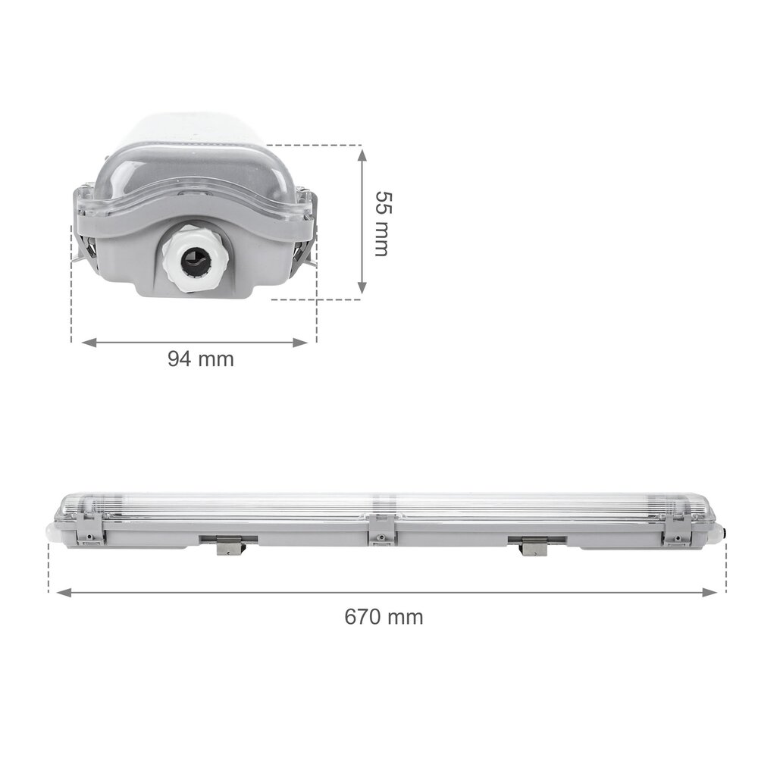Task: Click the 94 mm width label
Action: pyautogui.click(x=201, y=359)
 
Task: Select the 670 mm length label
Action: pyautogui.click(x=384, y=617)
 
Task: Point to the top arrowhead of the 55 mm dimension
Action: pyautogui.click(x=362, y=154)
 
